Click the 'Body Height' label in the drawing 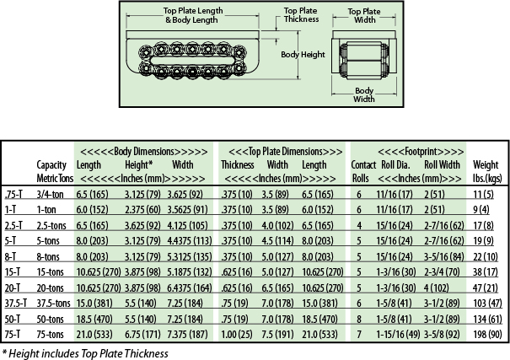click(x=302, y=53)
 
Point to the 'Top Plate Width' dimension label click(x=363, y=16)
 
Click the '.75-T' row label click(x=14, y=194)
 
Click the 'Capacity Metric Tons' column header click(x=51, y=171)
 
